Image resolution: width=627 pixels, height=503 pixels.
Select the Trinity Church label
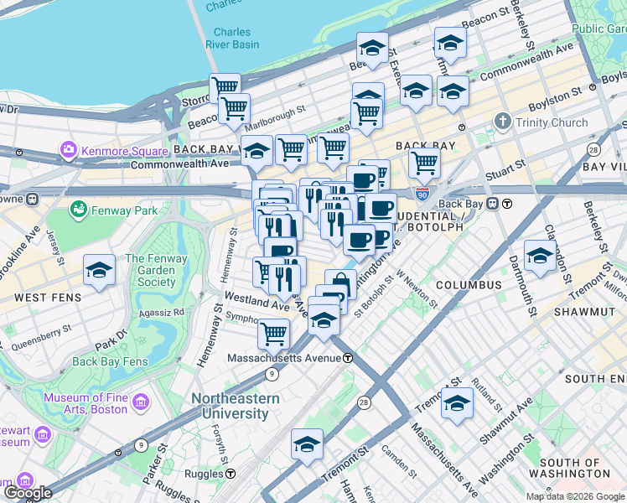coord(551,122)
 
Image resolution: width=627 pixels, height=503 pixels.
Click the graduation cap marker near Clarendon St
coord(540,256)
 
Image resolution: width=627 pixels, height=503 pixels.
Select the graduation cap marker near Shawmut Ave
coord(458,404)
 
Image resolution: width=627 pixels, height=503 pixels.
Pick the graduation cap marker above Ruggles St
coord(308,443)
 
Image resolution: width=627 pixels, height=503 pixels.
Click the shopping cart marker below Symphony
coord(273,334)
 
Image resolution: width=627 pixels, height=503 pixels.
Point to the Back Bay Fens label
coord(111,362)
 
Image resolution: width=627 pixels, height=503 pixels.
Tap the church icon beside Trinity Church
coord(503,122)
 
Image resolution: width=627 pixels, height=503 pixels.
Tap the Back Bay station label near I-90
coord(462,204)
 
